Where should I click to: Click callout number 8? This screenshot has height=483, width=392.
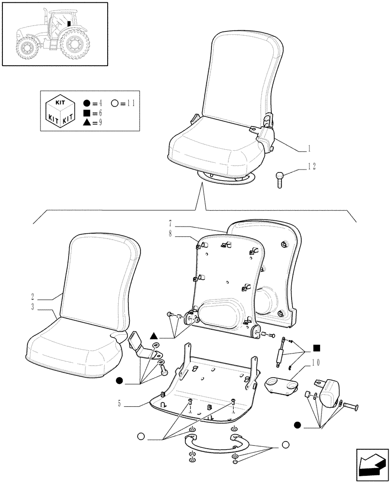[171, 236]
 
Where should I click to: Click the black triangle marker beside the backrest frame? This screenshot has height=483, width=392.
[154, 336]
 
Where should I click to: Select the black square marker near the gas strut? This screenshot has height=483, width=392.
[317, 347]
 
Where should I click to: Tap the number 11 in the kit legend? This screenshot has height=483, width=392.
[130, 102]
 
